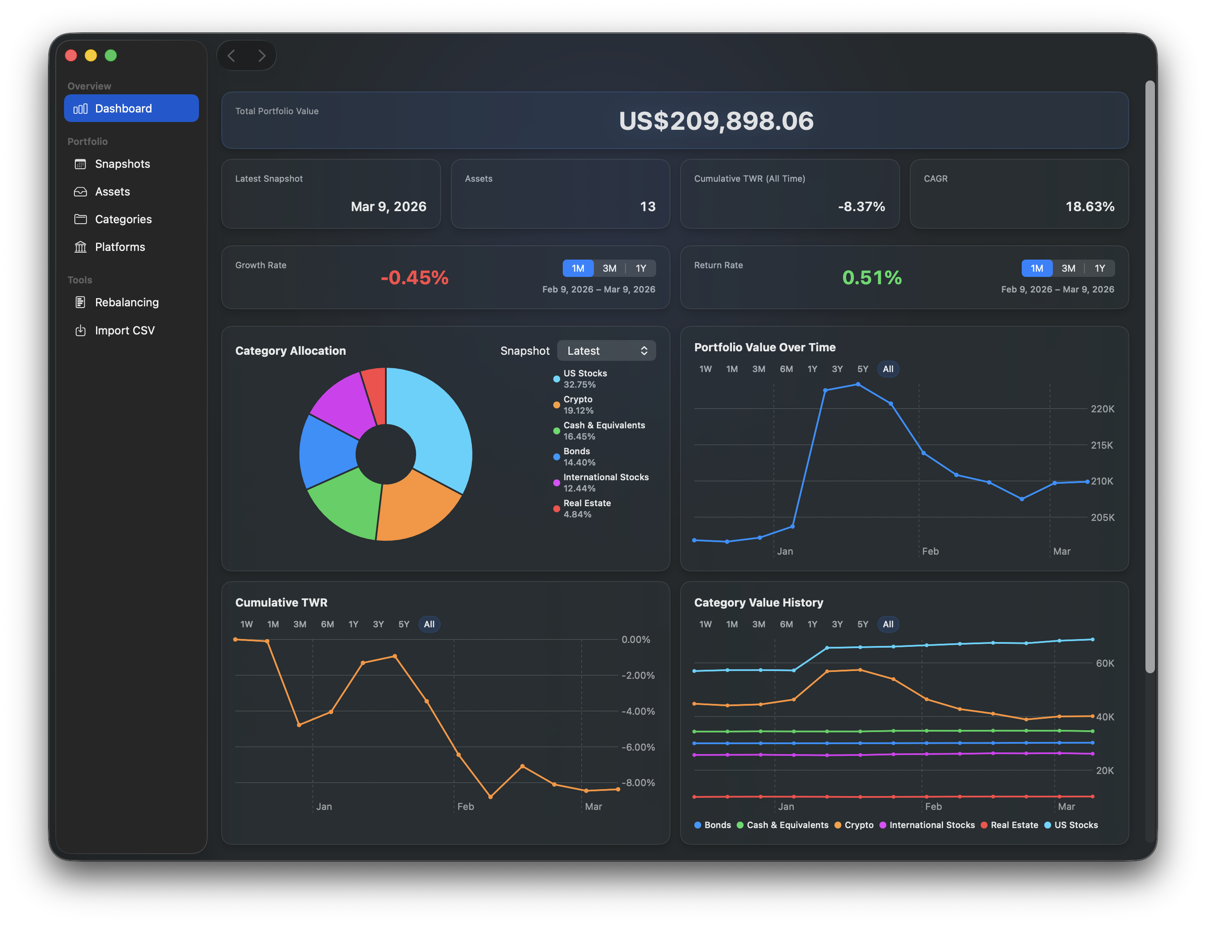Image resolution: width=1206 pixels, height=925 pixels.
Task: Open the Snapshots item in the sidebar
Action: click(x=122, y=164)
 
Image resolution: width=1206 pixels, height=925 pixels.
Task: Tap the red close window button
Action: click(x=71, y=56)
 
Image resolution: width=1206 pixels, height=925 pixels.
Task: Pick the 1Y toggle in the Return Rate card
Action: click(x=1099, y=268)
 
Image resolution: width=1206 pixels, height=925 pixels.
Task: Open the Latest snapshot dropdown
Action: click(x=606, y=351)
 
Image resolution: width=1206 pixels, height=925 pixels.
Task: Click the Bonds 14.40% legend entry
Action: click(x=578, y=456)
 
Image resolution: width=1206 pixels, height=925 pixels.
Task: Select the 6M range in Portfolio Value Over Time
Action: click(x=786, y=369)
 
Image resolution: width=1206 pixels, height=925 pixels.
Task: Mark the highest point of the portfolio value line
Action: click(x=858, y=384)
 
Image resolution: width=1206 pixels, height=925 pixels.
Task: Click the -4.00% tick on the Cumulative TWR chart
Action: click(x=638, y=711)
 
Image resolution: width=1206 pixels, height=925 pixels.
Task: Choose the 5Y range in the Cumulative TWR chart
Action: click(x=404, y=624)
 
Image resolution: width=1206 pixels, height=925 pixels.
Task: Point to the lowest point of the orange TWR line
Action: click(x=491, y=797)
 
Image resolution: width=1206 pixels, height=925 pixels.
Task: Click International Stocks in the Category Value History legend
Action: click(x=931, y=825)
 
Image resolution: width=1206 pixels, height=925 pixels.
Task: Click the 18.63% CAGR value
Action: click(x=1089, y=206)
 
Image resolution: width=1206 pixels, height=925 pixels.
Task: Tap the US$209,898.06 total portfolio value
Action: click(x=715, y=121)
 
